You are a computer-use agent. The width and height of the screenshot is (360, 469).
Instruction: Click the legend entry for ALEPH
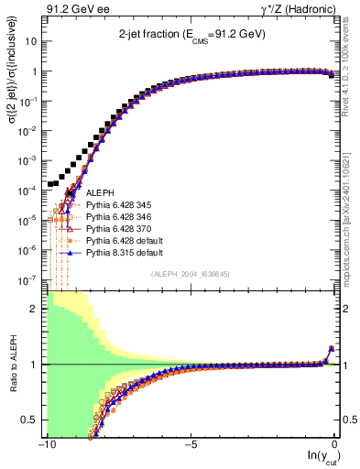coord(100,193)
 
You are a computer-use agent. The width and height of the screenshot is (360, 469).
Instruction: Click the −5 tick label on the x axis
coord(190,445)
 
